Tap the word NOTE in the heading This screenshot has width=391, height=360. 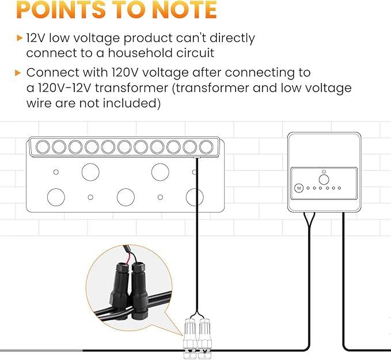184,9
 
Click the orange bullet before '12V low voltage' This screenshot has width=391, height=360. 20,38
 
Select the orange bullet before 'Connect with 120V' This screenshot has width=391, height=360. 18,73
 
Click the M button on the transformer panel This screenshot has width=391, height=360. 299,188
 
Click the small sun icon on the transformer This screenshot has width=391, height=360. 324,172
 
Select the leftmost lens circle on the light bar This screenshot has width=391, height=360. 43,147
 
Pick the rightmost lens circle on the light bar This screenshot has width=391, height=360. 207,147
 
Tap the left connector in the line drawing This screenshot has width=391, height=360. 190,338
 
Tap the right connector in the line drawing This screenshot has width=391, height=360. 204,338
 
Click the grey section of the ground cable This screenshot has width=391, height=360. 41,351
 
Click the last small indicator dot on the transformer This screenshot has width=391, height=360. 339,188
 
